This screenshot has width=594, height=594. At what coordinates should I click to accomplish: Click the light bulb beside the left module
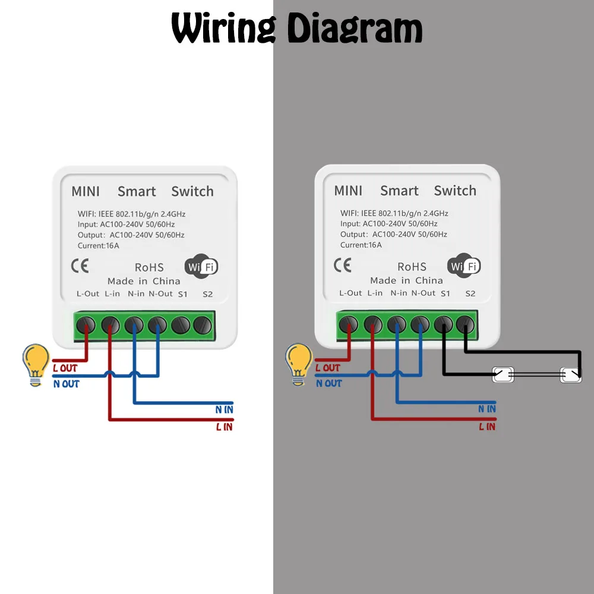(x=35, y=364)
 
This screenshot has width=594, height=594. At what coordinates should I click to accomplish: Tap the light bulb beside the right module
(x=298, y=364)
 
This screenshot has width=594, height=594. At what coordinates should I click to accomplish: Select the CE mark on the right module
(x=342, y=265)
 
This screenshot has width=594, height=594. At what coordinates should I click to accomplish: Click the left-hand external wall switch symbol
(x=503, y=375)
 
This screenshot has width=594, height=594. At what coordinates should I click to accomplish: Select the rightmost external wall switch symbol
(x=571, y=375)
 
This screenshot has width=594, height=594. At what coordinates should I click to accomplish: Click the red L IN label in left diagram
(x=224, y=426)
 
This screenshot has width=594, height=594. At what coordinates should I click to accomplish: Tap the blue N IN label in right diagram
(x=486, y=409)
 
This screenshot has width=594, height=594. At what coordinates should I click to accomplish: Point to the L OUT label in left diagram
(x=65, y=368)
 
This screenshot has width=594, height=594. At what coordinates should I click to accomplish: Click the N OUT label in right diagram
(x=328, y=383)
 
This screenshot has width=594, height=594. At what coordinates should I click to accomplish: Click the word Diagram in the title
(x=355, y=28)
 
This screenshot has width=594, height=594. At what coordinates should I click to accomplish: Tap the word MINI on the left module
(x=86, y=191)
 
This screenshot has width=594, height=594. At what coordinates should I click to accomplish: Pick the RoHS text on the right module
(x=412, y=267)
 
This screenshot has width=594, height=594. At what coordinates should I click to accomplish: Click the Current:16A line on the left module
(x=99, y=245)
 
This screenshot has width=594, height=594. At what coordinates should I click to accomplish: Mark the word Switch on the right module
(x=455, y=191)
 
